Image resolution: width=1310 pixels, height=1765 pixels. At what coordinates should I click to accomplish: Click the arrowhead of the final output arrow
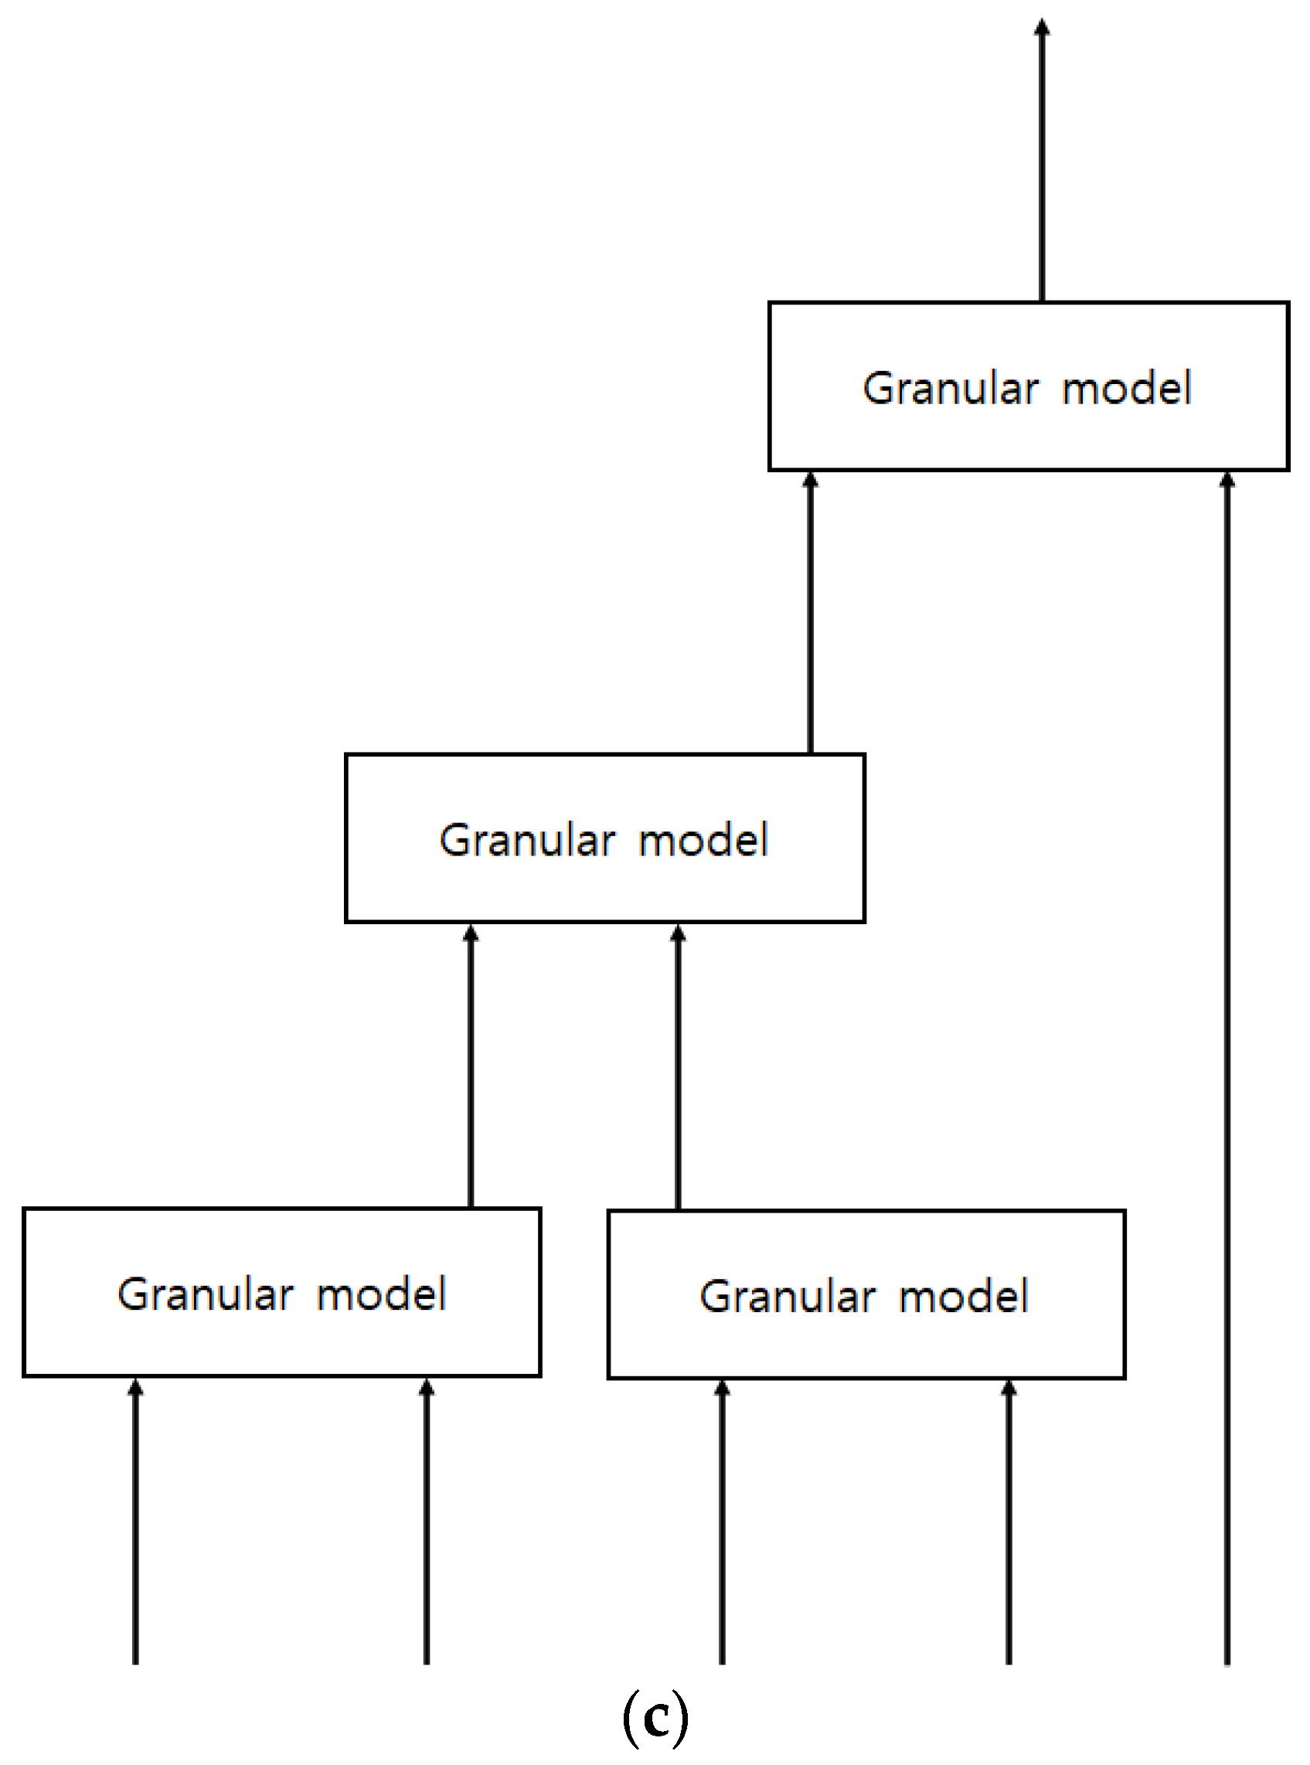coord(1042,28)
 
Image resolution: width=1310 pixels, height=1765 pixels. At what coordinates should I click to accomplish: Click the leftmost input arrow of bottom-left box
coord(135,1522)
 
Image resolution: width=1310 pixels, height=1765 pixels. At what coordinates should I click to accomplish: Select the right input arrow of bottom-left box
coord(427,1522)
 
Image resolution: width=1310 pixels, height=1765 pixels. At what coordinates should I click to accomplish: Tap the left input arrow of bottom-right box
coord(722,1522)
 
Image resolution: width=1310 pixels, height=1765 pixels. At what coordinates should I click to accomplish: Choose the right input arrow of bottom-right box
coord(1009,1522)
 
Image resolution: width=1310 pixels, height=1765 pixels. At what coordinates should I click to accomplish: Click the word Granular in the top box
coord(950,389)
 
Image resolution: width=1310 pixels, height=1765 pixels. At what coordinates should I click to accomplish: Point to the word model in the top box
coord(1126,389)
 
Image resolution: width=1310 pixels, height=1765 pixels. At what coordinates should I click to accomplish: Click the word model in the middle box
coord(703,841)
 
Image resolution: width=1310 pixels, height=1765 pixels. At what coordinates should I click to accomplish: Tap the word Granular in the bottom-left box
coord(205,1294)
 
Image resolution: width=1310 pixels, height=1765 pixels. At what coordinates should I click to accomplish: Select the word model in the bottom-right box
coord(964,1297)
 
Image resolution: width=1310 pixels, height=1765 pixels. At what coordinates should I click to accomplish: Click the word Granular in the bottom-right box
coord(787,1297)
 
